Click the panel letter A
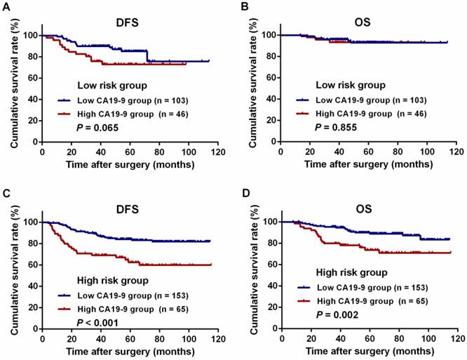[6, 6]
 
